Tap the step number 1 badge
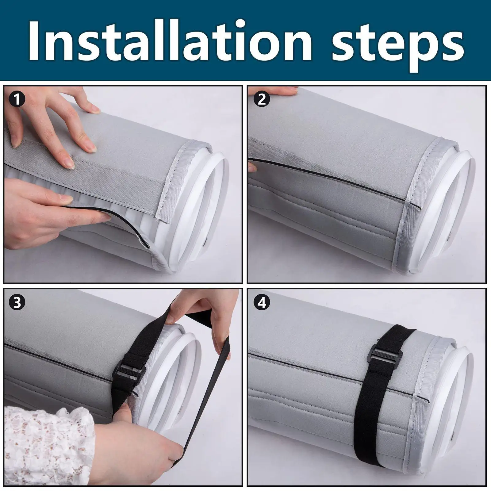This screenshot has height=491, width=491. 17,100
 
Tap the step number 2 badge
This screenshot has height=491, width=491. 262,99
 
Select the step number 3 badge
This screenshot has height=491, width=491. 17,302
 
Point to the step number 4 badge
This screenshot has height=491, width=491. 262,303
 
